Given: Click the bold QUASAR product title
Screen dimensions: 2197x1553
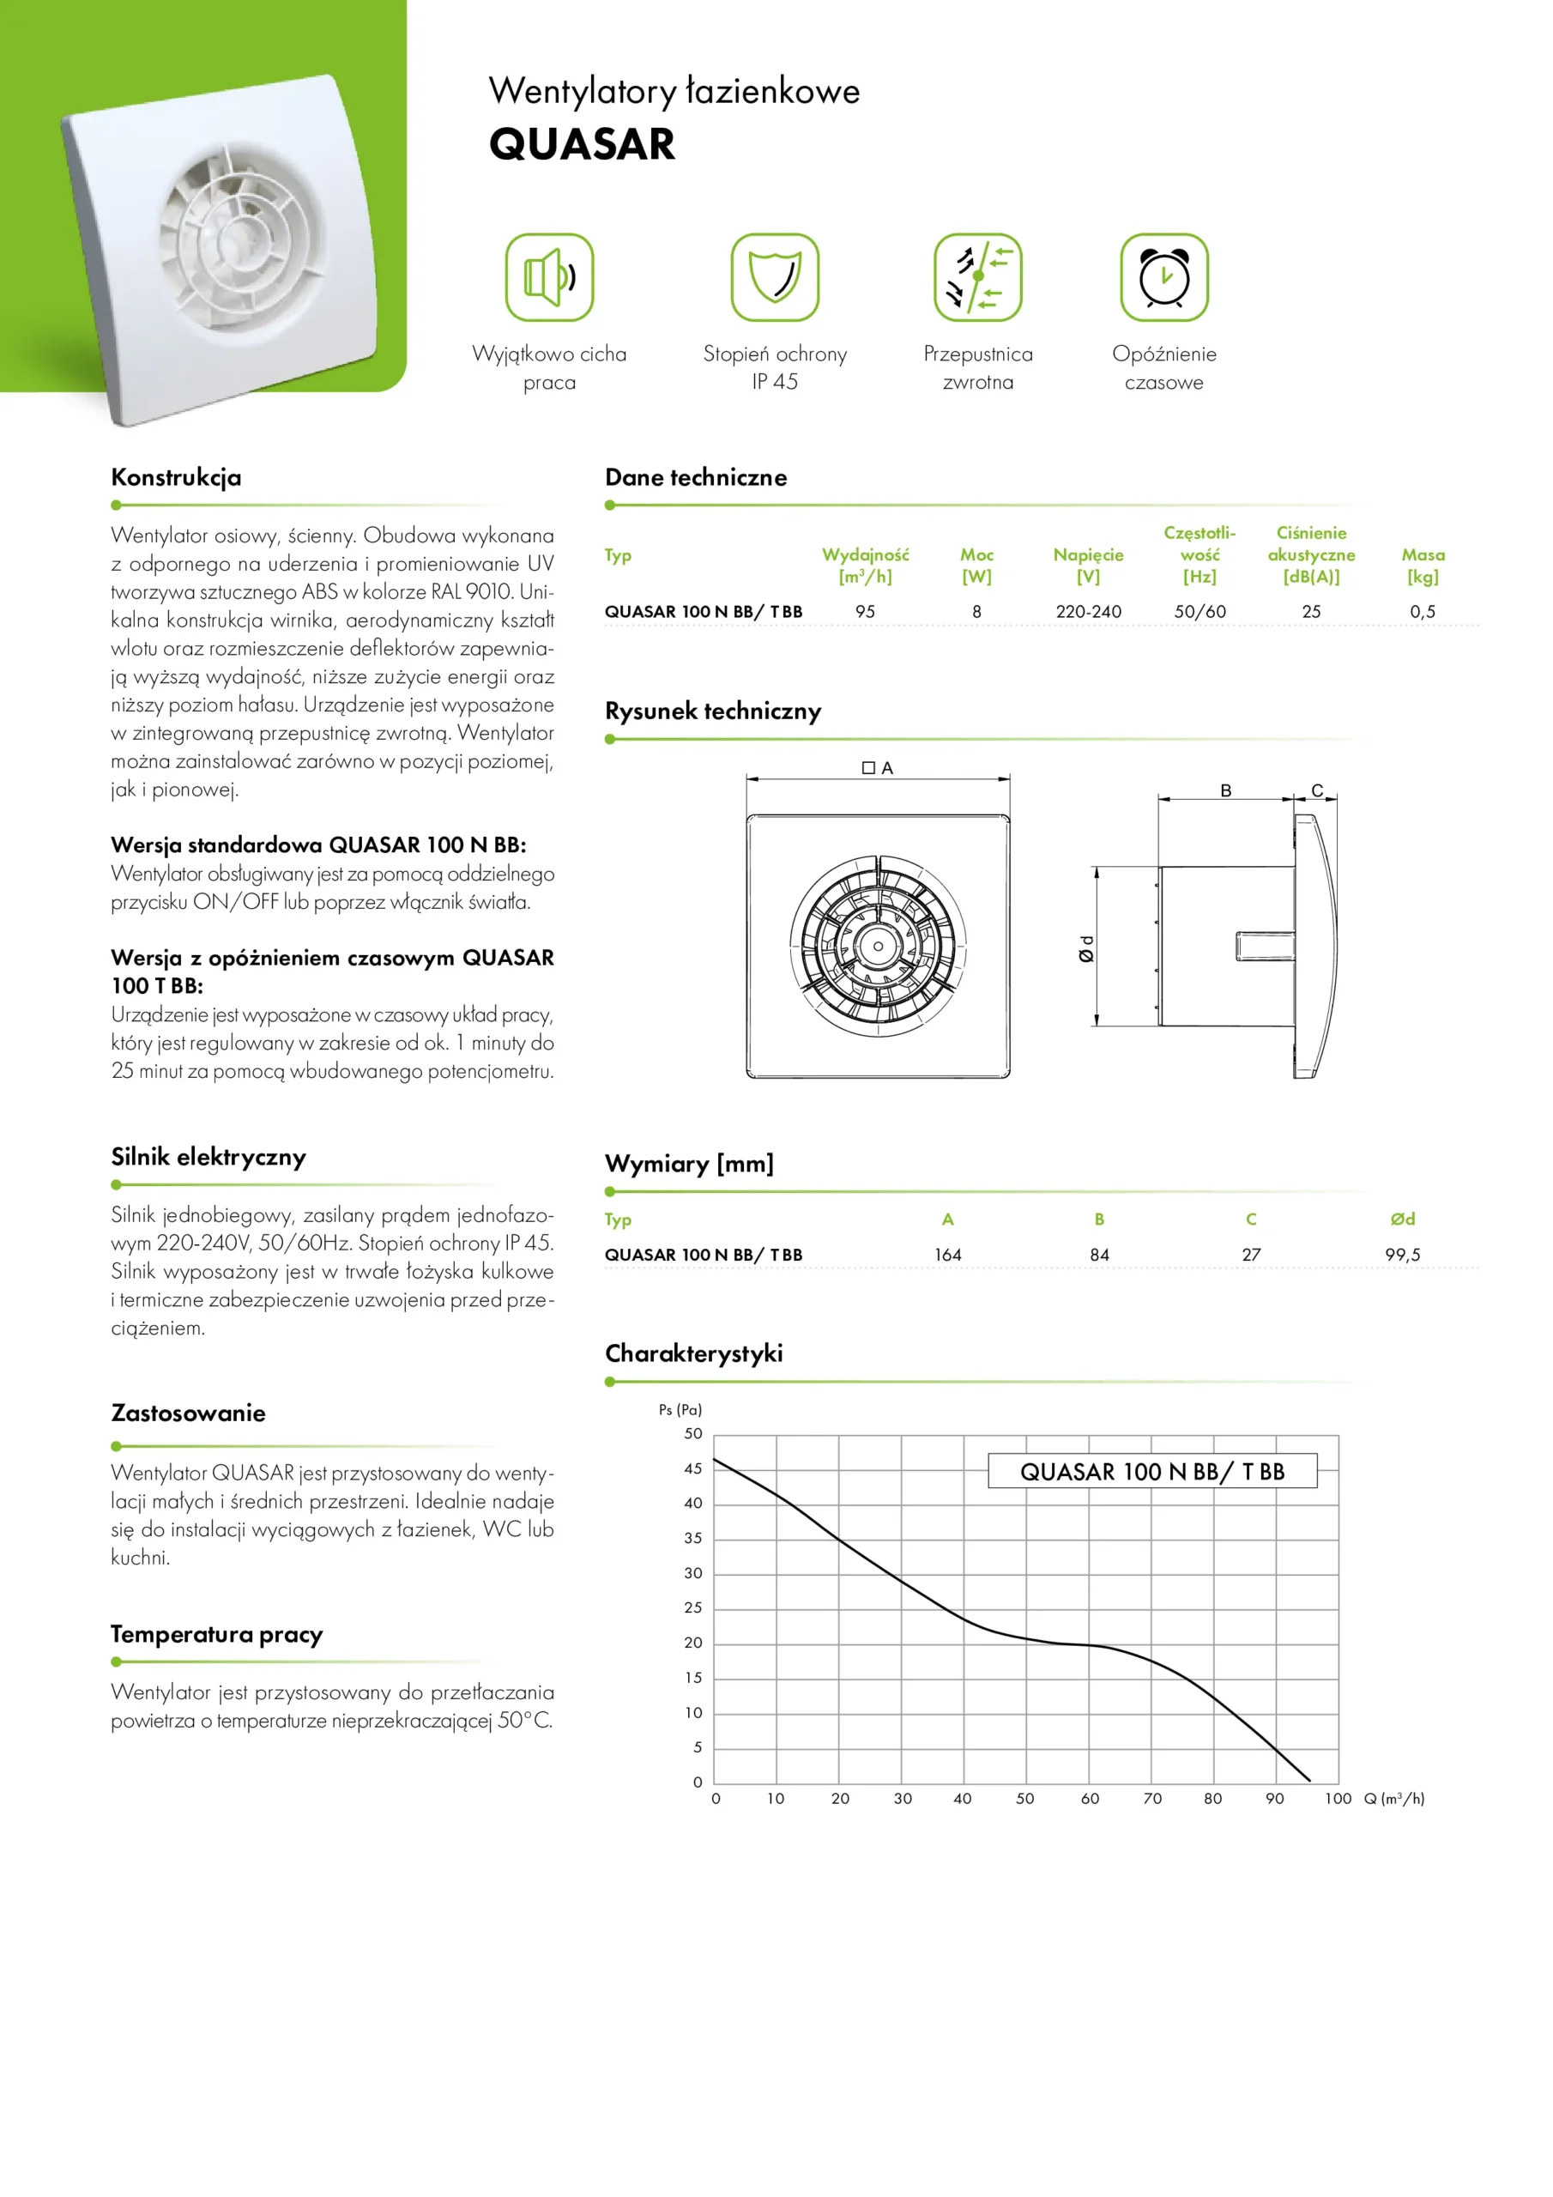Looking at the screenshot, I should [x=582, y=144].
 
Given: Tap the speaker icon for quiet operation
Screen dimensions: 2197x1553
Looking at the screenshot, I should [x=549, y=277].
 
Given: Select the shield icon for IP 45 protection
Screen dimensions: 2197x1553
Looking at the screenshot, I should [x=774, y=277].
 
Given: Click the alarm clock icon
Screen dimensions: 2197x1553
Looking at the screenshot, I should [x=1163, y=277].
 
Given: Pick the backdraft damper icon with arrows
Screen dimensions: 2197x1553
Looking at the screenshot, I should [x=977, y=277].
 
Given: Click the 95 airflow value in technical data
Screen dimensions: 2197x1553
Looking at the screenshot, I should [x=865, y=611].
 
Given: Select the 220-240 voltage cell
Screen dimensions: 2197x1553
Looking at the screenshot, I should [x=1088, y=611].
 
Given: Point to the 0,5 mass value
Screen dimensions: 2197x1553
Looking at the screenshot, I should [x=1422, y=611].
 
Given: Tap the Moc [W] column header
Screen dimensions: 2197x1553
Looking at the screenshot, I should [x=976, y=566].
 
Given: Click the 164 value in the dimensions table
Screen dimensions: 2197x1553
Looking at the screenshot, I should [x=947, y=1255].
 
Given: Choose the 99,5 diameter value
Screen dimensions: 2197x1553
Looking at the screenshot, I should [x=1402, y=1255].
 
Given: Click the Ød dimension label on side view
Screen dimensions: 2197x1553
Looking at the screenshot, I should [x=1086, y=948].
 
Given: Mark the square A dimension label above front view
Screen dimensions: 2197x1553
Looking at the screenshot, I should [x=878, y=767].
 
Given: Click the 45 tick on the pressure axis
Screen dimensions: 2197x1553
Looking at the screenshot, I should [x=692, y=1468].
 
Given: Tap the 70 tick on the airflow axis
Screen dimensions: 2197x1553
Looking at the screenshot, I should [x=1152, y=1799].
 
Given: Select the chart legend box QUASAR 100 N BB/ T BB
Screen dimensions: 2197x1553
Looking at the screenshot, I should [x=1152, y=1472].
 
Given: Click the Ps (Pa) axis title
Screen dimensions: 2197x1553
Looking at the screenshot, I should [x=680, y=1409].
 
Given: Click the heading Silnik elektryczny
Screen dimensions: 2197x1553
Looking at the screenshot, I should [x=208, y=1157].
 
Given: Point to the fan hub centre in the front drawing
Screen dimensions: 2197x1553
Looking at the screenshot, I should [x=878, y=947].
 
